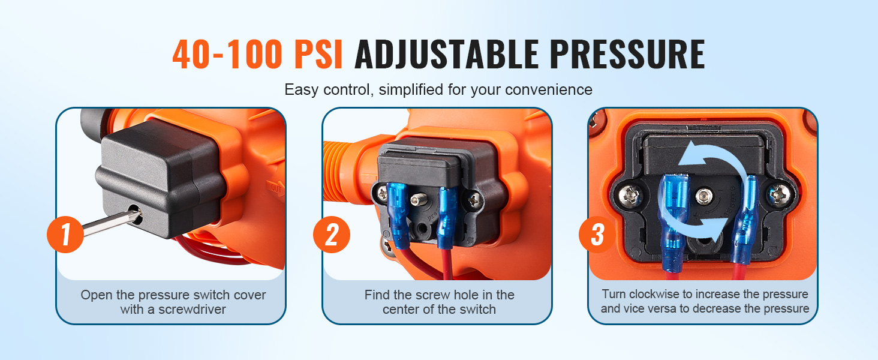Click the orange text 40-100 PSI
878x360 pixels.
[257, 55]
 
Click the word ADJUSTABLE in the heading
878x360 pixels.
[447, 55]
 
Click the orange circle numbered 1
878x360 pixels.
[65, 235]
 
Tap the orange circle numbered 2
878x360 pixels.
[332, 235]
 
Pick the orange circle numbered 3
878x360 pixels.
[597, 235]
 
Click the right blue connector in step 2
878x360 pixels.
[447, 218]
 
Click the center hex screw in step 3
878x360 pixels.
[704, 195]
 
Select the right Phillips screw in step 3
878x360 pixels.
[779, 195]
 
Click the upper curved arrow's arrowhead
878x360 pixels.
[693, 155]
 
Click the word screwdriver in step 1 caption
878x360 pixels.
[192, 310]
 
